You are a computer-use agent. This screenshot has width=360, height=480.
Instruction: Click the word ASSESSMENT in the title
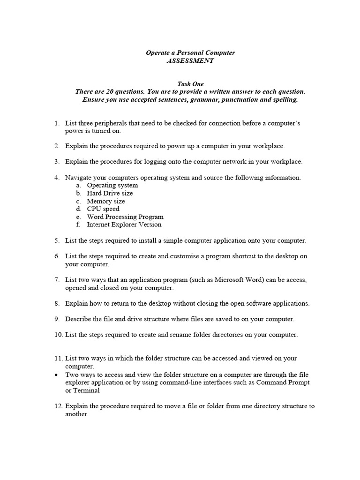pyautogui.click(x=190, y=61)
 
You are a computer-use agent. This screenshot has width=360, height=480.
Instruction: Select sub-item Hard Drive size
pyautogui.click(x=110, y=193)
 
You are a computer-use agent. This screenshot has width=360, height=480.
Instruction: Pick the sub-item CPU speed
pyautogui.click(x=103, y=209)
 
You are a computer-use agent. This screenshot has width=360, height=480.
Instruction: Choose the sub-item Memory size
pyautogui.click(x=106, y=201)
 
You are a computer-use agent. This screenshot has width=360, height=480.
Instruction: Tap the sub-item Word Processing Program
pyautogui.click(x=125, y=217)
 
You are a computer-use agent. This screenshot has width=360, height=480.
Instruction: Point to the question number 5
pyautogui.click(x=56, y=240)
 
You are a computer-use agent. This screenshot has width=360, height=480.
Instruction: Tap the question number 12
pyautogui.click(x=58, y=406)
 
